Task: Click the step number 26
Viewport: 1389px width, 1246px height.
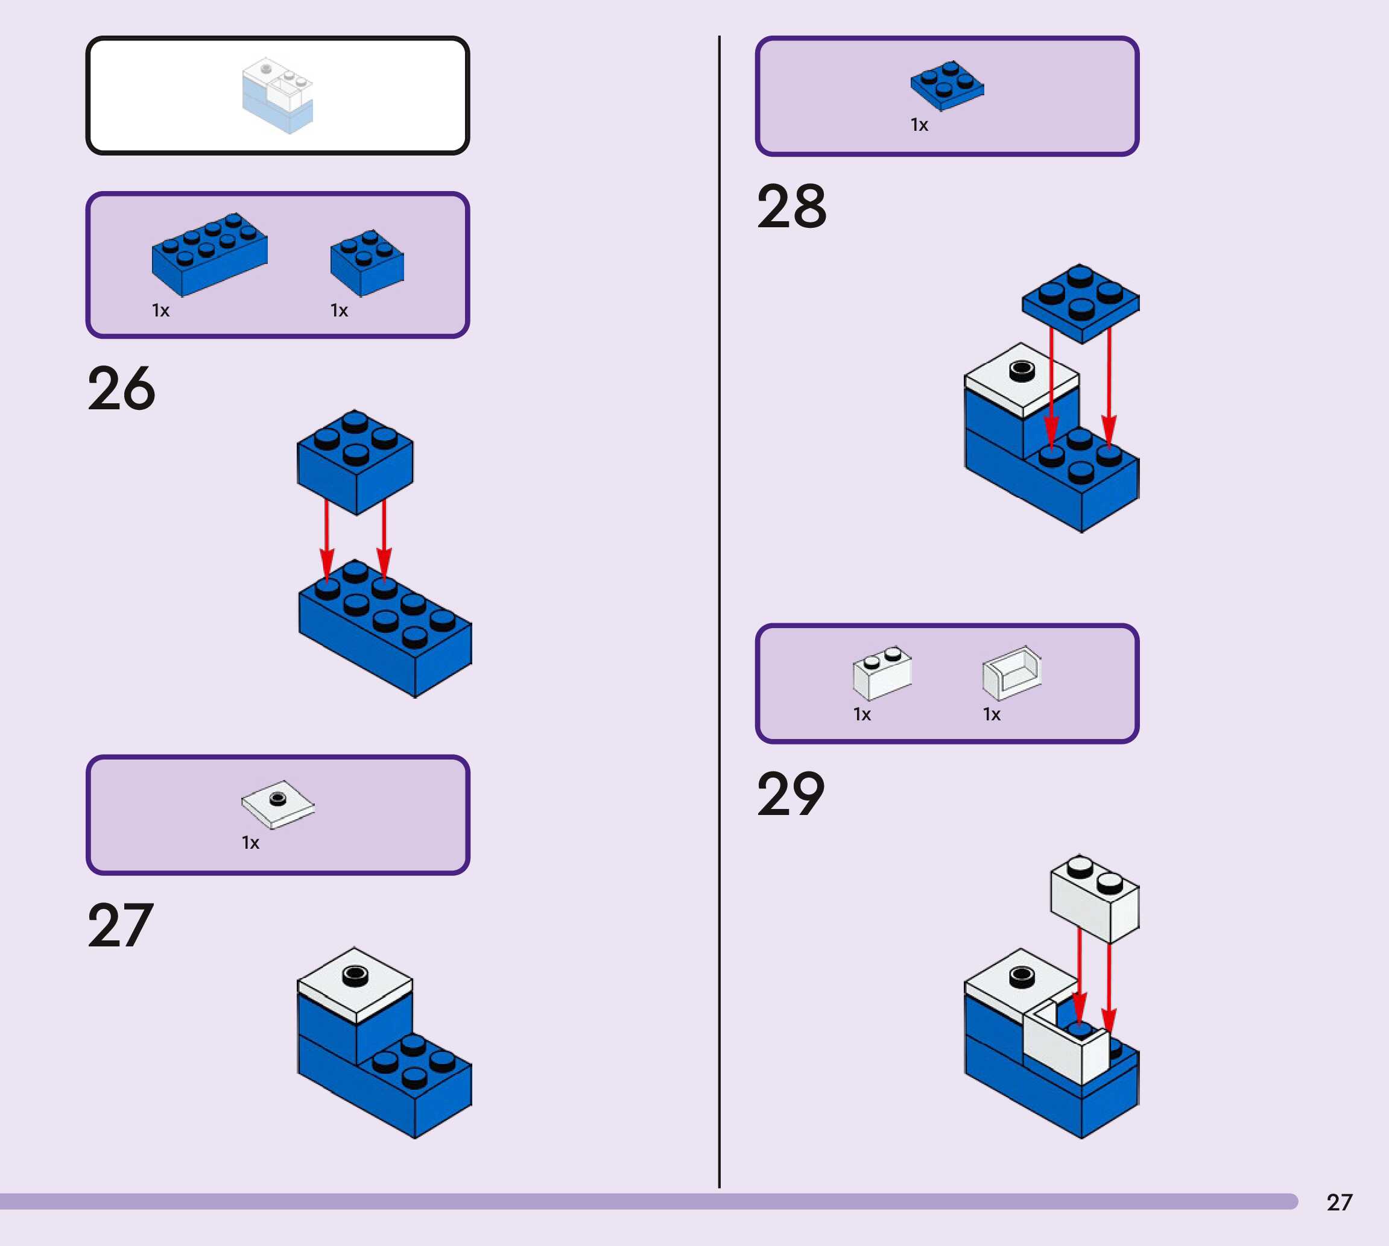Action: tap(122, 388)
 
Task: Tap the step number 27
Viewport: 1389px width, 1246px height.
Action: tap(121, 925)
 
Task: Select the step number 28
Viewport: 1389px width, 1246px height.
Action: tap(792, 206)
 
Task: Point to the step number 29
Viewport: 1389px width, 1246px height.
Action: tap(791, 794)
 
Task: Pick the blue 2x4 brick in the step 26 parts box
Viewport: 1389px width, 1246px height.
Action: tap(209, 254)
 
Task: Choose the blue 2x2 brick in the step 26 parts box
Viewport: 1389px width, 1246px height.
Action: tap(367, 263)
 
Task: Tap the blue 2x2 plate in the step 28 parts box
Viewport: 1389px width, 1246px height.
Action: tap(948, 86)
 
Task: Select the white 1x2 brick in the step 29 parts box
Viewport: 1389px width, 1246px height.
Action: tap(882, 673)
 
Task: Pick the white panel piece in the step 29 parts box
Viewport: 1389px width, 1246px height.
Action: tap(1012, 673)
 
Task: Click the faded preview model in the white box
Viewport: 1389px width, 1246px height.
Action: tap(277, 96)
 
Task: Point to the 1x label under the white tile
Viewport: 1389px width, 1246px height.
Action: tap(251, 843)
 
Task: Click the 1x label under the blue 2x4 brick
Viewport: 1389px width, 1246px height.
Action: tap(161, 311)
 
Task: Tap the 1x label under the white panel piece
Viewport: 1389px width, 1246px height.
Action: tap(992, 715)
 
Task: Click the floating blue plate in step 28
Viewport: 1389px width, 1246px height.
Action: tap(1081, 304)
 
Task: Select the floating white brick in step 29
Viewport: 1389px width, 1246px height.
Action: tap(1095, 898)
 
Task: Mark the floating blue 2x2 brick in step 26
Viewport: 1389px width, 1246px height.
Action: tap(355, 462)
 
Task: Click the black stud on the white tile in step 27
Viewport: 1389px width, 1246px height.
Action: tap(355, 975)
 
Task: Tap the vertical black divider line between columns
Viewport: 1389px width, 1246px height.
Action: tap(719, 612)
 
